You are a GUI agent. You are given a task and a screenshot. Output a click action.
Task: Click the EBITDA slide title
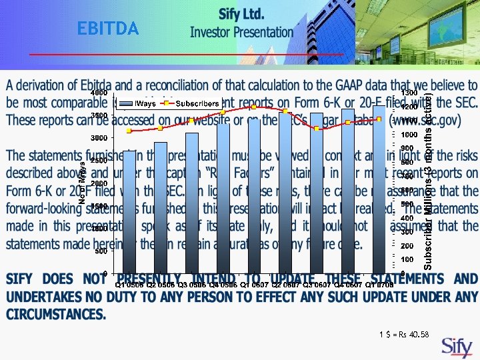pos(108,29)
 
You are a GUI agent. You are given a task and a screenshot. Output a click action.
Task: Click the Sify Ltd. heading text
pos(241,14)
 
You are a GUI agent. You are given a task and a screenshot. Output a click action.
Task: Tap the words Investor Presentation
pos(241,32)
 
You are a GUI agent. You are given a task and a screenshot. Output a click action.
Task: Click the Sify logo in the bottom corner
pos(457,347)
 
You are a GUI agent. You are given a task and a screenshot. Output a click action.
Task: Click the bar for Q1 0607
pos(254,196)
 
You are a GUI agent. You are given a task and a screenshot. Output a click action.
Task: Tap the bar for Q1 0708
pos(379,189)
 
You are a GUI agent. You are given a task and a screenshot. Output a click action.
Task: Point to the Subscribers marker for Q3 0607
pos(317,128)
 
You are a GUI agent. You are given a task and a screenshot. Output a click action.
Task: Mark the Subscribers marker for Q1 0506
pos(129,131)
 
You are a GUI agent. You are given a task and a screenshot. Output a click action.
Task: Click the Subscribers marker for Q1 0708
pos(379,119)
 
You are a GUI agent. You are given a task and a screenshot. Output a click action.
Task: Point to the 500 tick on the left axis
pos(101,251)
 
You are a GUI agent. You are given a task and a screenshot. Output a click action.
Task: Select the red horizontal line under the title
pos(200,54)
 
